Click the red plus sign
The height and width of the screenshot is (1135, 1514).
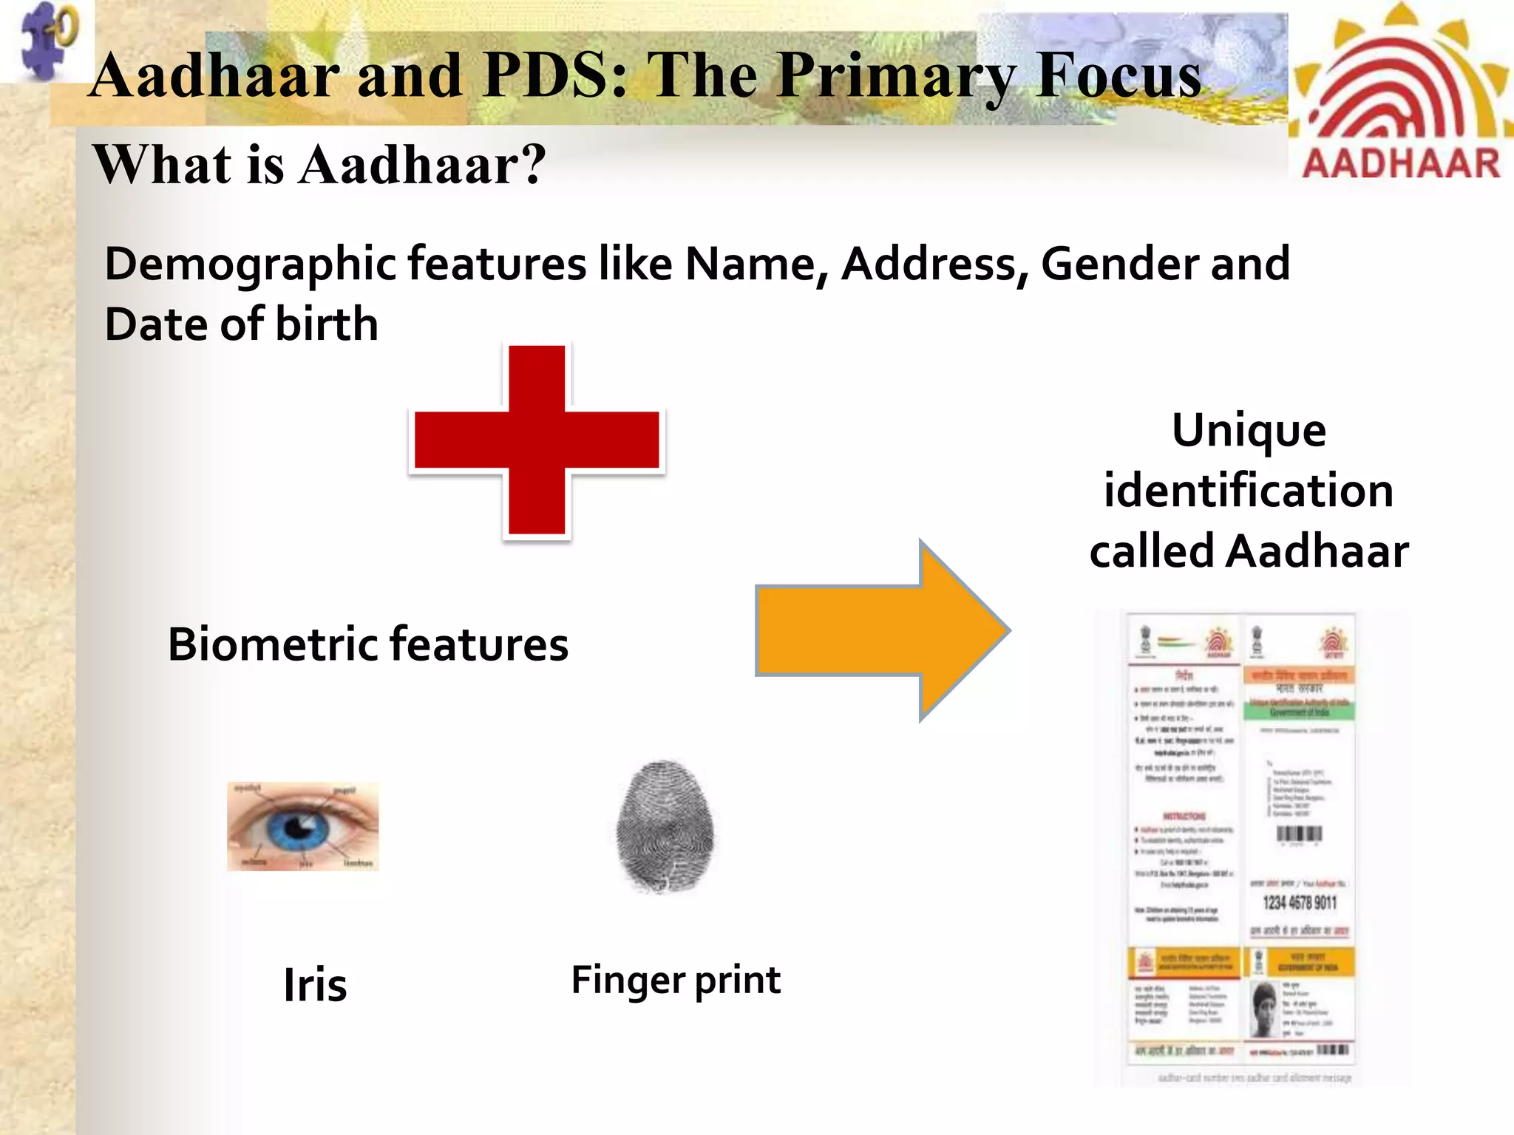pyautogui.click(x=537, y=440)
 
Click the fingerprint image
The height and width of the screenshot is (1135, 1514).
pyautogui.click(x=665, y=825)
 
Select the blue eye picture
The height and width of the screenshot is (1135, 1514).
pyautogui.click(x=302, y=826)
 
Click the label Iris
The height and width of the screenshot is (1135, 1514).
pyautogui.click(x=315, y=985)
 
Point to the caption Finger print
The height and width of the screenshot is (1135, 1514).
pyautogui.click(x=676, y=981)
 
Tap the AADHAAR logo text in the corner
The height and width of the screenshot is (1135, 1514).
pyautogui.click(x=1401, y=163)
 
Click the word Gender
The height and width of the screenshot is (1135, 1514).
pyautogui.click(x=1120, y=264)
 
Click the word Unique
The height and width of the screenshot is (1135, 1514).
pyautogui.click(x=1249, y=430)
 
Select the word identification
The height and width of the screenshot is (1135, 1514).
pyautogui.click(x=1249, y=491)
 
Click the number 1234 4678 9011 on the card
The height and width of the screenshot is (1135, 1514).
pyautogui.click(x=1299, y=902)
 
